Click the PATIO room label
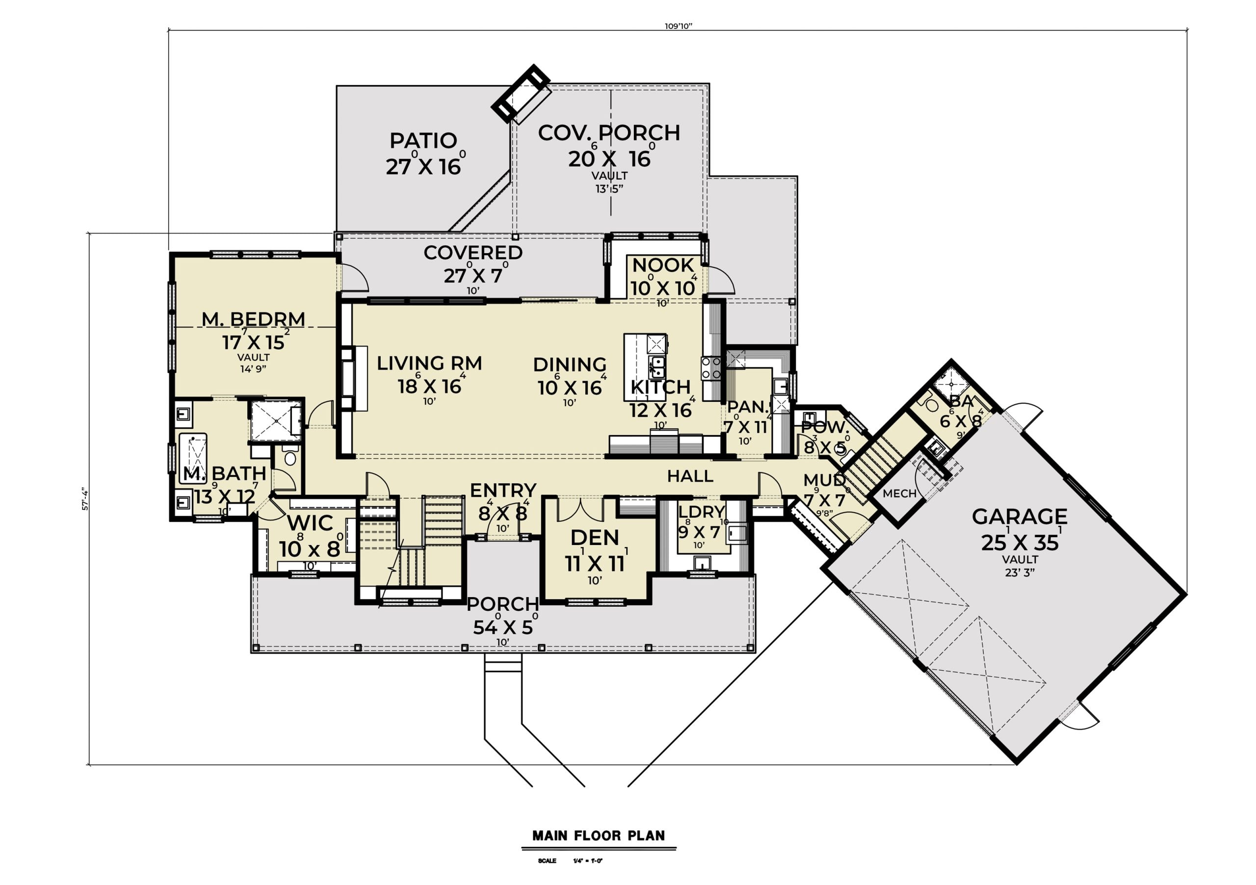point(423,141)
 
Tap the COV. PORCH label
point(609,133)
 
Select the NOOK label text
point(663,265)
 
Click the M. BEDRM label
point(253,319)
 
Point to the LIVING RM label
point(429,363)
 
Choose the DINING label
point(570,365)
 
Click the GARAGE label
point(1019,517)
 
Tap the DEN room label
point(595,538)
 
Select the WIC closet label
point(310,523)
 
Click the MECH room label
point(899,494)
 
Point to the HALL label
point(690,476)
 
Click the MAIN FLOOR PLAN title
point(599,835)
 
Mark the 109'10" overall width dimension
point(679,26)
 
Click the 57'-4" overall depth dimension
point(85,498)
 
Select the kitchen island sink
point(656,367)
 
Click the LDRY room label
point(701,512)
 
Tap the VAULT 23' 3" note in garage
point(1020,566)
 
